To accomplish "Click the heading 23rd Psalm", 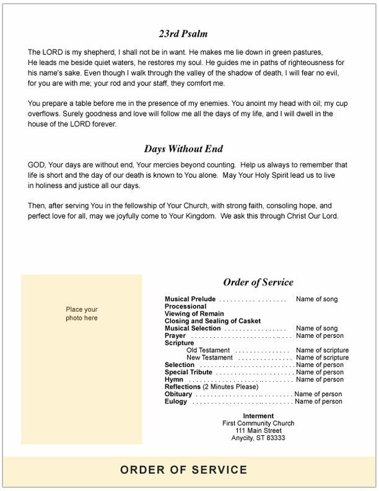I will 183,34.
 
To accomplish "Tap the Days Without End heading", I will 183,149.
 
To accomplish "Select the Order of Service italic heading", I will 258,283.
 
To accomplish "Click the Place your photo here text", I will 82,314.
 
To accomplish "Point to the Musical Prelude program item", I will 190,299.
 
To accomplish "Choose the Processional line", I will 185,307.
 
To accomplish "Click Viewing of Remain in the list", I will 193,314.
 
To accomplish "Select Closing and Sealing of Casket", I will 212,321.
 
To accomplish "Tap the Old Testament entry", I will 210,350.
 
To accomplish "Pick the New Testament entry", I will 210,358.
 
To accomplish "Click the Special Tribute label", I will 188,372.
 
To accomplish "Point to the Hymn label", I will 174,379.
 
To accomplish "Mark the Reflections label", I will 183,387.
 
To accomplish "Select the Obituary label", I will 178,394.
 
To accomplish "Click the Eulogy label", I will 176,402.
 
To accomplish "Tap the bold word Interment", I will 258,416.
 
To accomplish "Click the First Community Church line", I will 258,423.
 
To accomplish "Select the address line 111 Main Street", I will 258,431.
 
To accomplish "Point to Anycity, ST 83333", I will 258,438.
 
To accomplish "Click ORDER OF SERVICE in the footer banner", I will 184,470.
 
